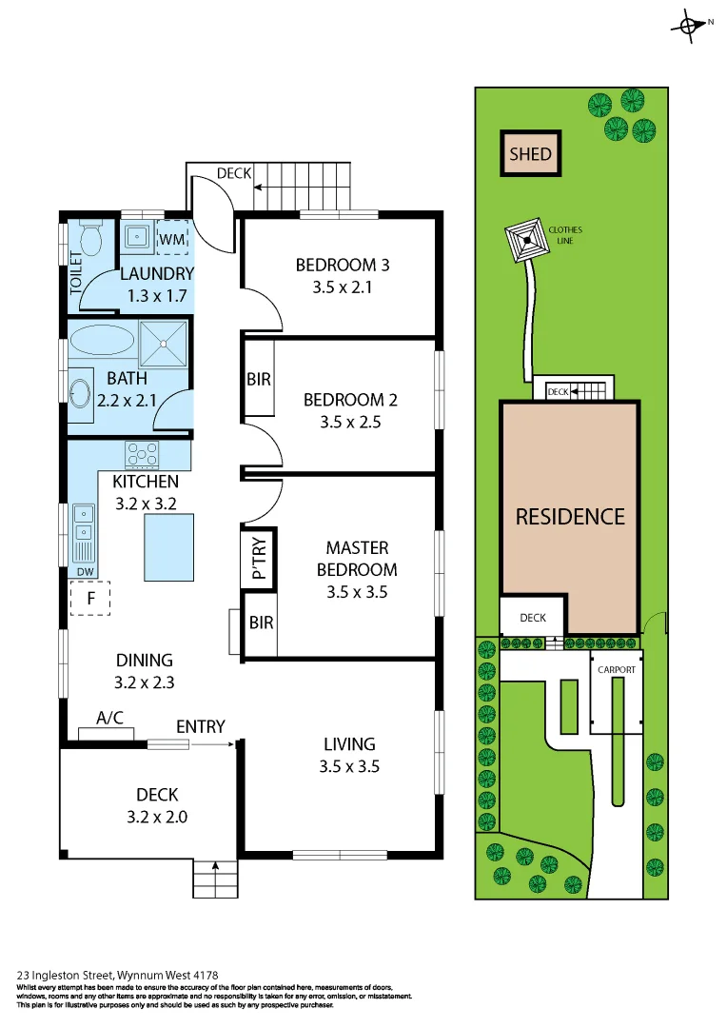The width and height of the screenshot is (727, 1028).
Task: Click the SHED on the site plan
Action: [x=530, y=153]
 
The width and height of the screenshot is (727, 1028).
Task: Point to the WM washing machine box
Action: [x=171, y=239]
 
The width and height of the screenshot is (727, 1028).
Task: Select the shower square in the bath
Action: [x=164, y=344]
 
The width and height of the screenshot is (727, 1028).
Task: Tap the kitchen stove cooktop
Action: [x=143, y=454]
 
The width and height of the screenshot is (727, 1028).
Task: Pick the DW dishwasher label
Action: [x=85, y=571]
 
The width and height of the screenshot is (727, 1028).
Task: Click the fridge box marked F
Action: [x=90, y=599]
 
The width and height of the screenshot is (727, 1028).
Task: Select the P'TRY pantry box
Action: [x=258, y=560]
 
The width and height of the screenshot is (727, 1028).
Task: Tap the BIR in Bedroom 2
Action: [x=259, y=379]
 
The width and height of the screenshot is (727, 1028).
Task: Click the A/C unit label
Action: [x=110, y=719]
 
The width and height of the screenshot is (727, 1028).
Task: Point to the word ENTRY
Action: [x=201, y=726]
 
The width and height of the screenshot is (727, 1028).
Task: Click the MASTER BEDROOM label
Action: [x=357, y=559]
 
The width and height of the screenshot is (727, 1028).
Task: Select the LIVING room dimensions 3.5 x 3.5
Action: [x=349, y=765]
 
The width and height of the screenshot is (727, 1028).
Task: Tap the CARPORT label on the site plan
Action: [x=616, y=670]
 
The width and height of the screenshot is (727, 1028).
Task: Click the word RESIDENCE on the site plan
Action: [x=570, y=517]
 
